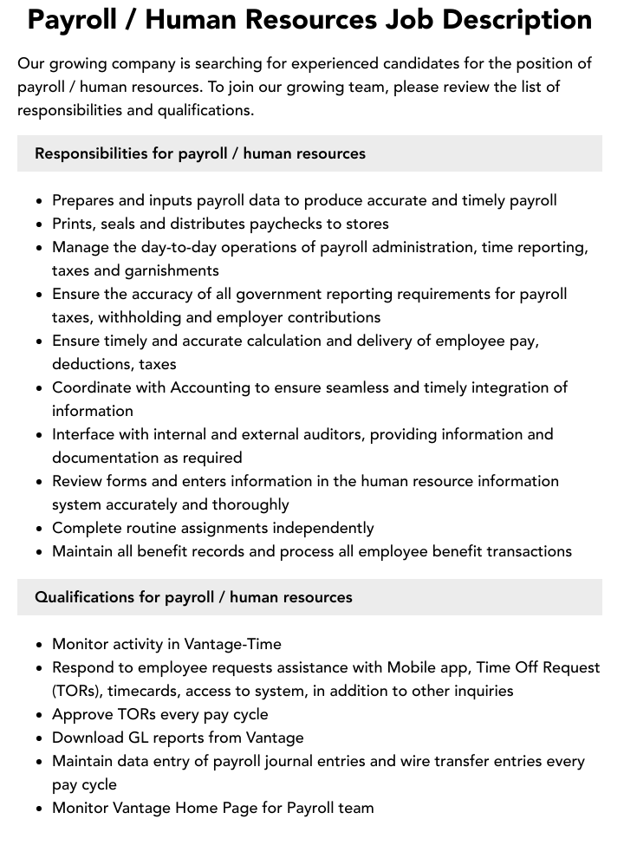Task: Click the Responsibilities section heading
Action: [x=200, y=153]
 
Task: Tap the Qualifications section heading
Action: [x=193, y=597]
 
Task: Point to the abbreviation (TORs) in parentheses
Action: [x=75, y=691]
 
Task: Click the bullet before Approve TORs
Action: [x=40, y=715]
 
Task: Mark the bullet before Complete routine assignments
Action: [x=40, y=529]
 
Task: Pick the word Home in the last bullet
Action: [x=198, y=808]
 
